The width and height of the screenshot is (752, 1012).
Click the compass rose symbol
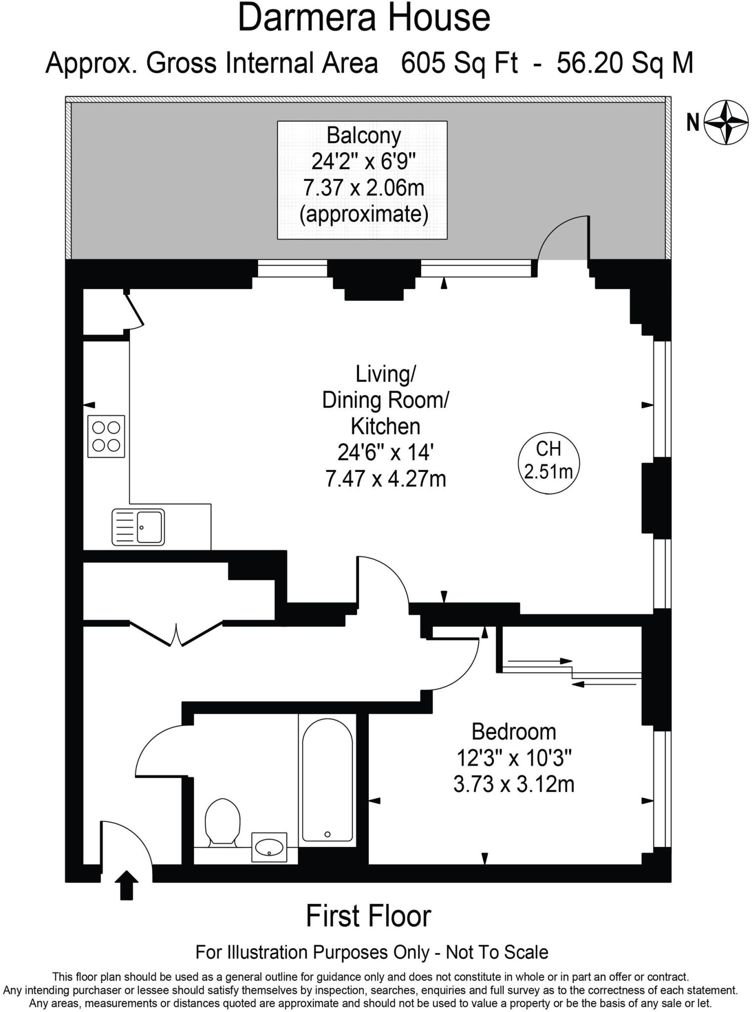pos(725,123)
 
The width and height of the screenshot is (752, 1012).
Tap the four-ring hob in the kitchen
pos(106,436)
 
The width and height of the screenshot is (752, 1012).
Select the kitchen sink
pos(138,527)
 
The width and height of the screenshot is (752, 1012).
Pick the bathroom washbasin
pos(269,847)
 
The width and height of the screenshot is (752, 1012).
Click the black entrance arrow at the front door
pos(127,885)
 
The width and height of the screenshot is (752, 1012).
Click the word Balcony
pos(364,135)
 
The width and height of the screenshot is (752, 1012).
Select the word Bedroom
pos(514,732)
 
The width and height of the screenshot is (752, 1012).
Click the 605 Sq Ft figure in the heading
pos(459,63)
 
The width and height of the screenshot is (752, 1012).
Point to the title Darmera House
pos(364,19)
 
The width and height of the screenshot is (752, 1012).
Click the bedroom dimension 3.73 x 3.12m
pos(514,784)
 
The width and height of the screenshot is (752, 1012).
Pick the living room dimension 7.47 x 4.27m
pos(386,479)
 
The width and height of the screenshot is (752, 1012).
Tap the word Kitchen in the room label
pos(386,426)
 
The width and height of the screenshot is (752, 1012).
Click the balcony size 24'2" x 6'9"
pos(363,162)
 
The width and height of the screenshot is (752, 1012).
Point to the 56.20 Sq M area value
pos(625,63)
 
